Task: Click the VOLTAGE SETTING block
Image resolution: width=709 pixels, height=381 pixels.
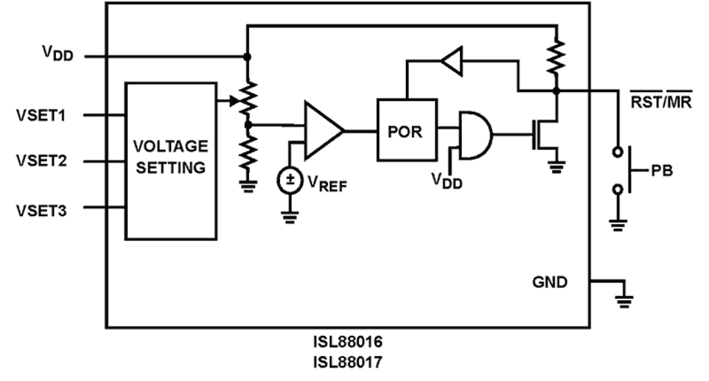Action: coord(170,161)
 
